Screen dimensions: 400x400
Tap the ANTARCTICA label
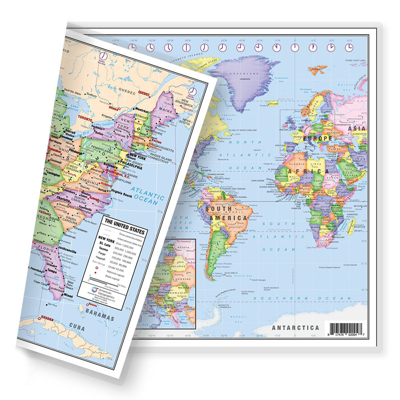(x=295, y=328)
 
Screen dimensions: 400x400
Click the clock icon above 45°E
(x=349, y=48)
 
